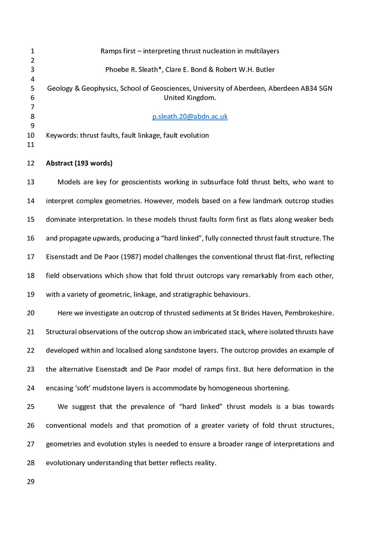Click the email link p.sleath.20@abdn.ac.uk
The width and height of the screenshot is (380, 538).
[x=190, y=116]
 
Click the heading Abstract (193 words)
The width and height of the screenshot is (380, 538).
[x=78, y=163]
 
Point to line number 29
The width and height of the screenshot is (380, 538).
[x=30, y=482]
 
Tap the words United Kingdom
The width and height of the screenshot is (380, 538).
[x=190, y=97]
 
